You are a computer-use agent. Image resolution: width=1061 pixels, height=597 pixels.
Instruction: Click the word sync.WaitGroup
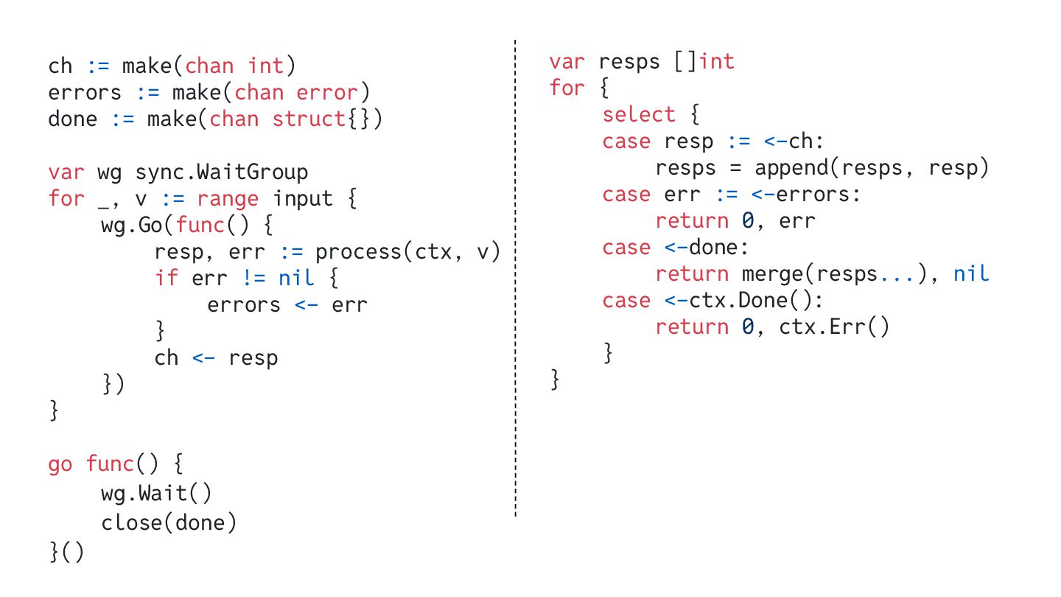tap(221, 172)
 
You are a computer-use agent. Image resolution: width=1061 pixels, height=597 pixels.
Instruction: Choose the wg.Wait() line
tap(156, 492)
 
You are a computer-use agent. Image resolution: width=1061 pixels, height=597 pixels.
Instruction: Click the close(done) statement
tap(169, 523)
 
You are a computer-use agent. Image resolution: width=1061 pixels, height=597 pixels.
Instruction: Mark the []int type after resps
tap(704, 62)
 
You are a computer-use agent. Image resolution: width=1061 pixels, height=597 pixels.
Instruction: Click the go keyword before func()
tap(60, 464)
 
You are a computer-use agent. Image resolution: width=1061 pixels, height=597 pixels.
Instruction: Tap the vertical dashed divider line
tap(515, 295)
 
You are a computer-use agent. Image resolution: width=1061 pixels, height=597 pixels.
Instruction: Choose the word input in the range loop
tap(303, 199)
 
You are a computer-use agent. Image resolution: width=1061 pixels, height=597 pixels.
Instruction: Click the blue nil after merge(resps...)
tap(970, 274)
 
